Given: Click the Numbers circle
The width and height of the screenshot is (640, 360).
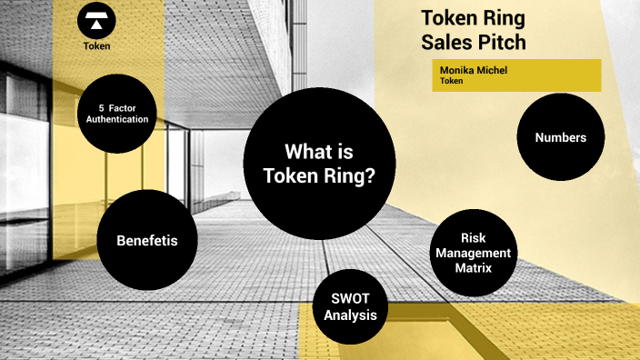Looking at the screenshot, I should pyautogui.click(x=560, y=137).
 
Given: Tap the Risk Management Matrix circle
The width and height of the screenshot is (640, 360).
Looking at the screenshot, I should pyautogui.click(x=474, y=254).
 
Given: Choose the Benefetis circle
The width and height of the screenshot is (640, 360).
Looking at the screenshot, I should pyautogui.click(x=146, y=241).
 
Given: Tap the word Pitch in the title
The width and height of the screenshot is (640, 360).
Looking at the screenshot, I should pyautogui.click(x=499, y=42).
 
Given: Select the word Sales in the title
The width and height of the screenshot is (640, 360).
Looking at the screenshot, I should pyautogui.click(x=445, y=42).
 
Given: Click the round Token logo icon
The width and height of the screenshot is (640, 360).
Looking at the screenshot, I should pyautogui.click(x=97, y=20).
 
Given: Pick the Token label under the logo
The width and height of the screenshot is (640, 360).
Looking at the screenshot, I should pyautogui.click(x=97, y=45).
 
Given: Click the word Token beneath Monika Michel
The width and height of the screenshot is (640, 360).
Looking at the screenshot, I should pyautogui.click(x=452, y=81).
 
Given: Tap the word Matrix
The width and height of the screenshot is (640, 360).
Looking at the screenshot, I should pyautogui.click(x=474, y=268).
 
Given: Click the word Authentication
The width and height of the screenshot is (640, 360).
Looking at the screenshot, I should pyautogui.click(x=118, y=119).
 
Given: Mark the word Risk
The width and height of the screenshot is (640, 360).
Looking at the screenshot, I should pyautogui.click(x=474, y=238).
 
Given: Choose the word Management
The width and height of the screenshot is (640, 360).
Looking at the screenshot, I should pyautogui.click(x=474, y=253).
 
